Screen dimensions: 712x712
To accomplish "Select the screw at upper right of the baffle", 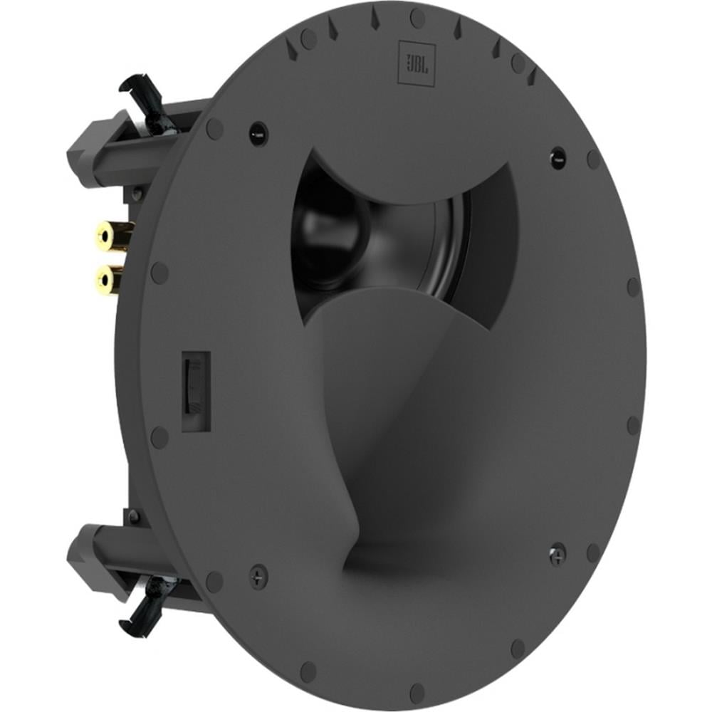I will point(557,153).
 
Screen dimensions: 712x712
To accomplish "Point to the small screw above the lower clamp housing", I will point(133,516).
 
